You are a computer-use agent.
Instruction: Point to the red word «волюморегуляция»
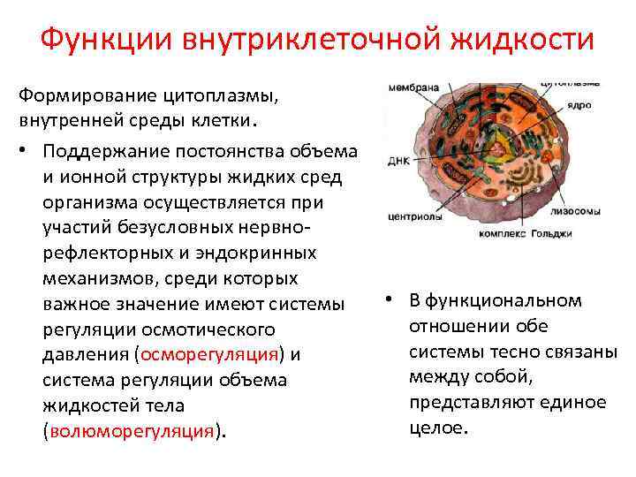click(133, 431)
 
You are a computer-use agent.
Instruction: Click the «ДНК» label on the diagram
click(397, 163)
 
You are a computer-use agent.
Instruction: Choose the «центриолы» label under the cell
click(413, 214)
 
